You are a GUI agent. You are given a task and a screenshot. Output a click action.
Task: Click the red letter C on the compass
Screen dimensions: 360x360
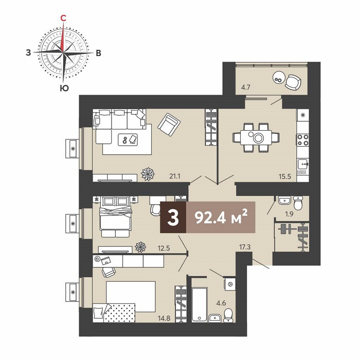[63, 18]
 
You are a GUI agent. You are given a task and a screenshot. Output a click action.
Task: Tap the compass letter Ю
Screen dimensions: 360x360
[64, 88]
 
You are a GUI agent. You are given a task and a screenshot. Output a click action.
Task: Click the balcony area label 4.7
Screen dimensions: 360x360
[245, 87]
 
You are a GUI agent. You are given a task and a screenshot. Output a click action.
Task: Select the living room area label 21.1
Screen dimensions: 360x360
[175, 176]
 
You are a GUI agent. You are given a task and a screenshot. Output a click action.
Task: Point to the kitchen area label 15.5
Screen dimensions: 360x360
[285, 176]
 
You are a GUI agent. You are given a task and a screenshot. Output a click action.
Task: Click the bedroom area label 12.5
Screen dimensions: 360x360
[164, 248]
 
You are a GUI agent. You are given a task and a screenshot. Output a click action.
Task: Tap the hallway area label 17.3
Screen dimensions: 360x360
[245, 247]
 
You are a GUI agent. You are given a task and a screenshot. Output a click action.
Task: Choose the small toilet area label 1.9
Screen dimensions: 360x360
[289, 214]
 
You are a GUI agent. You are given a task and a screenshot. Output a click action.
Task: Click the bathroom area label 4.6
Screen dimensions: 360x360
[221, 303]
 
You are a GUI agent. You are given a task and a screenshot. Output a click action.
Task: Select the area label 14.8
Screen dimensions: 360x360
[164, 318]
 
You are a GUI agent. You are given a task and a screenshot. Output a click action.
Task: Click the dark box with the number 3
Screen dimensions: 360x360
[173, 218]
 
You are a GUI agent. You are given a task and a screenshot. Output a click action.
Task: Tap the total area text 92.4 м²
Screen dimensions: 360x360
[221, 217]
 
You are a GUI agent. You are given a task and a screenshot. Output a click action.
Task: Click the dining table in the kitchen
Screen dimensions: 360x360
[256, 138]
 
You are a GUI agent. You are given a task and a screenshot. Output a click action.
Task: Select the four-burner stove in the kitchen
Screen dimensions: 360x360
[303, 140]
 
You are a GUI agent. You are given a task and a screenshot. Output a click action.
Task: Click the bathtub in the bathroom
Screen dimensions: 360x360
[200, 304]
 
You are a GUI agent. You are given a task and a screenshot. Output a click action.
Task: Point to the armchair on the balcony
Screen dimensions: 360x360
[293, 82]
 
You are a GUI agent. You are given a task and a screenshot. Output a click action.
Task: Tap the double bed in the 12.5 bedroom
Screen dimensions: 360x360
[116, 217]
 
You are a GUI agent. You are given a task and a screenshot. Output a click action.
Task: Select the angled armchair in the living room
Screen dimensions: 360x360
[169, 124]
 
